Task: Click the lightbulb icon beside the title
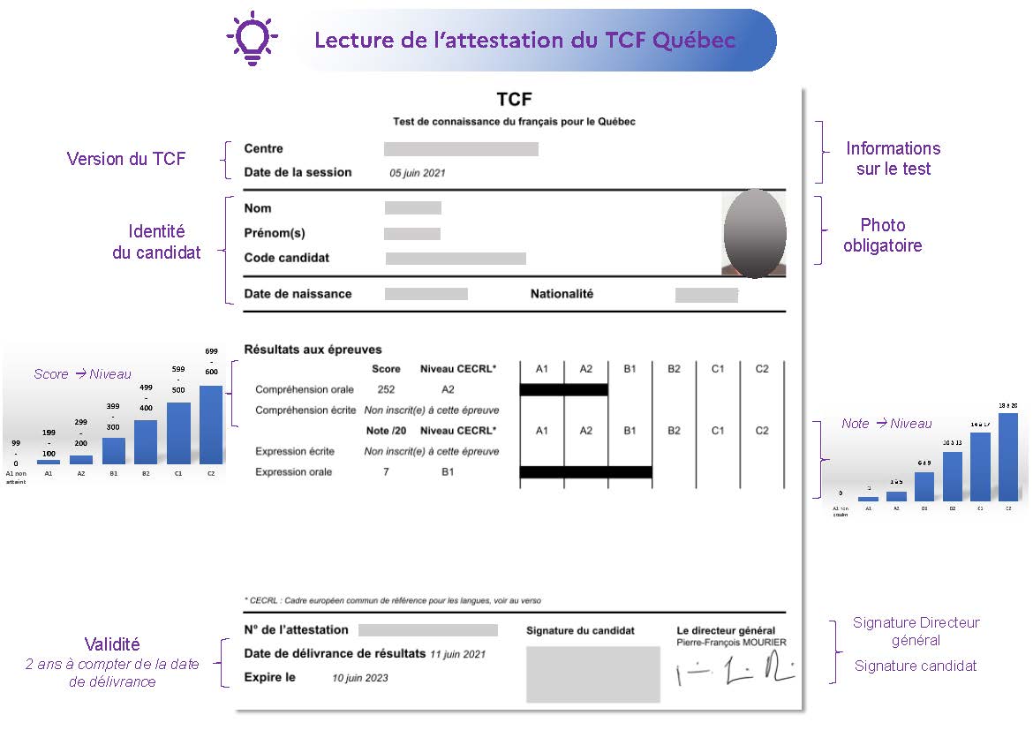(x=253, y=38)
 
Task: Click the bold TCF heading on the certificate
(x=514, y=100)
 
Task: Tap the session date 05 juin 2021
(x=418, y=173)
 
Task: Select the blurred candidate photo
(x=754, y=233)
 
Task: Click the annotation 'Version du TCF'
(x=126, y=159)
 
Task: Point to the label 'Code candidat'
(x=286, y=258)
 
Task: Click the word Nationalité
(x=562, y=294)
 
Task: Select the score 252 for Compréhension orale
(x=386, y=389)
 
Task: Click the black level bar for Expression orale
(x=585, y=472)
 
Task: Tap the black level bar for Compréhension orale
(x=563, y=389)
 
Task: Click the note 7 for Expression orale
(x=386, y=472)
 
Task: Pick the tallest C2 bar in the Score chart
(x=211, y=425)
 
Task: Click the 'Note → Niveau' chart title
(x=886, y=424)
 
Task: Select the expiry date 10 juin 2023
(x=359, y=678)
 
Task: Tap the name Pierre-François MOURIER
(x=731, y=643)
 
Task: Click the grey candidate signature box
(x=592, y=674)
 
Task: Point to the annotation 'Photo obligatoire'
(x=882, y=236)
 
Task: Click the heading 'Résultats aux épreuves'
(x=313, y=350)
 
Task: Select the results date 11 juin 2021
(x=457, y=654)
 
